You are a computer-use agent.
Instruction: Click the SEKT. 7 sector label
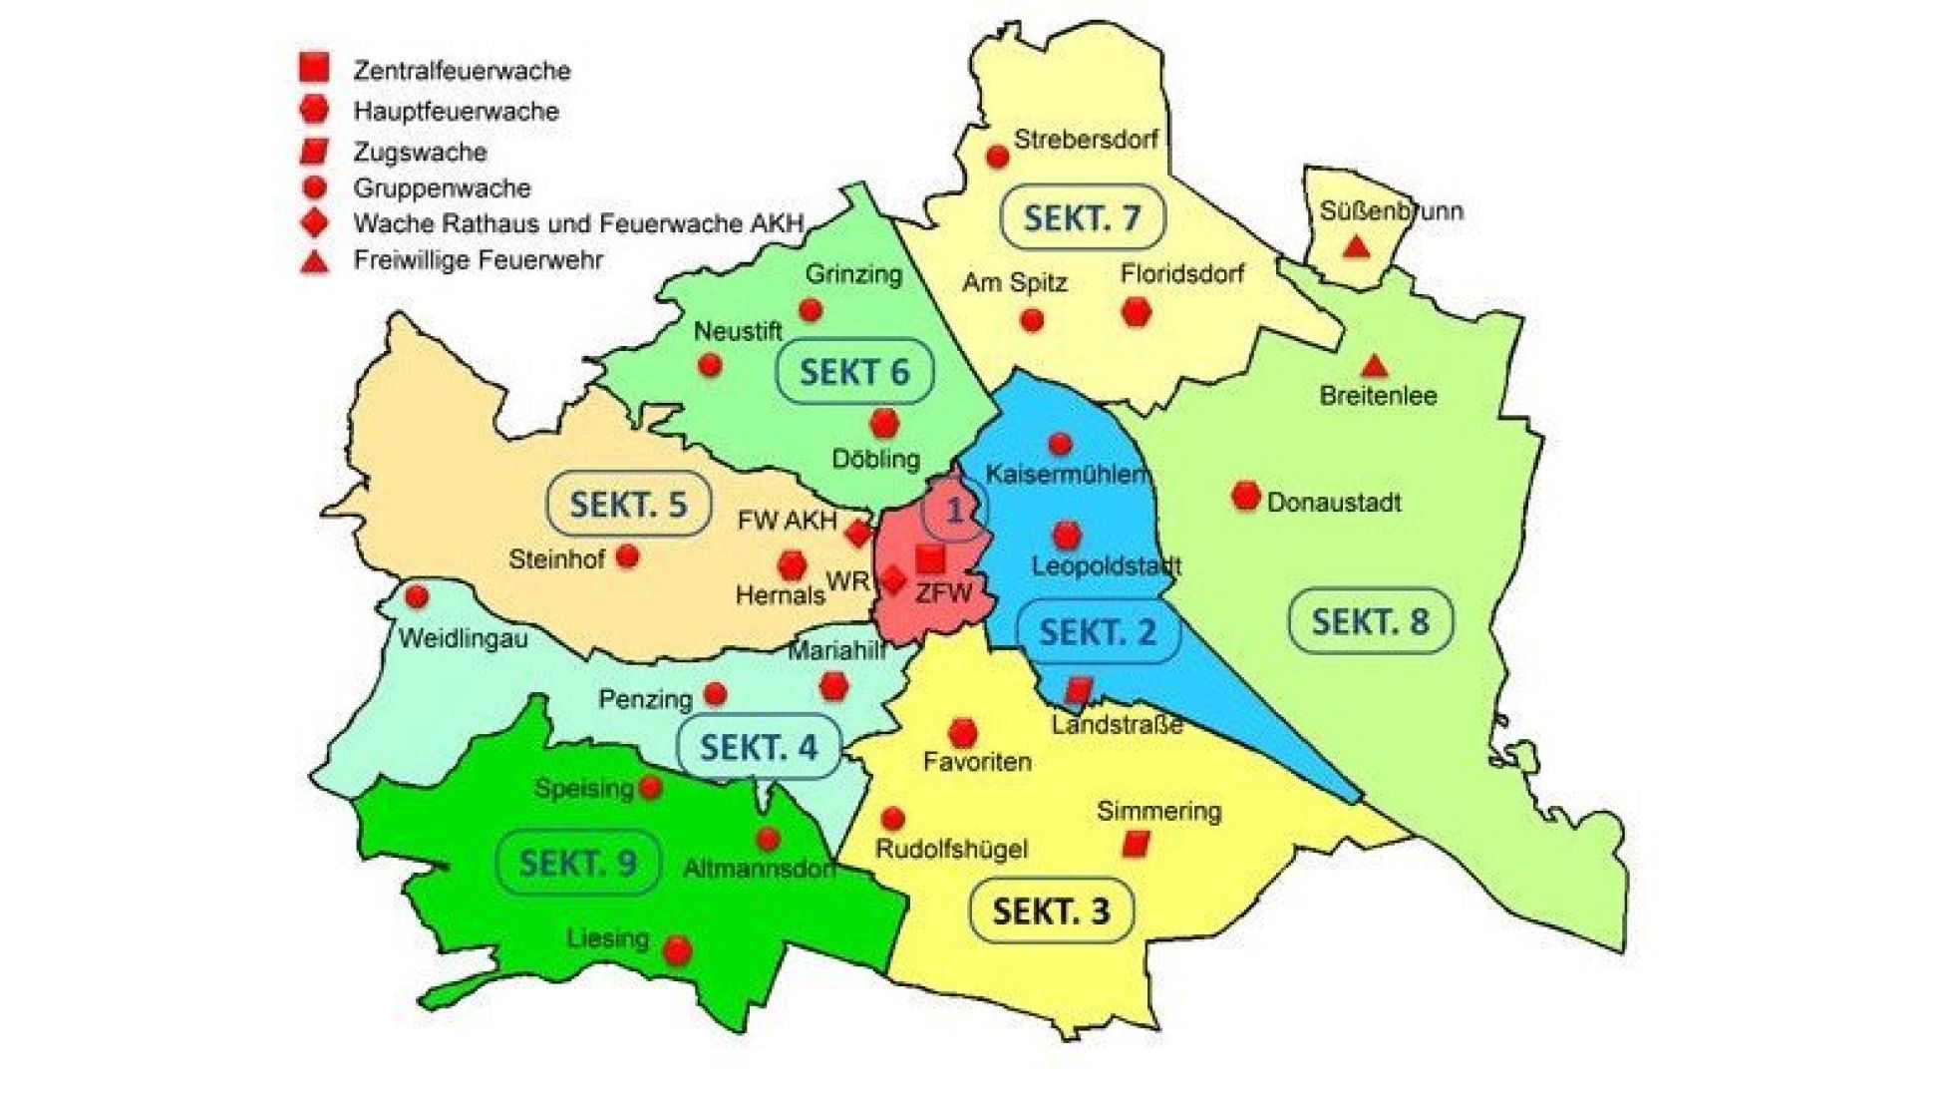click(1082, 217)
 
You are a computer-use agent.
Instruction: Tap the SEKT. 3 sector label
click(1051, 911)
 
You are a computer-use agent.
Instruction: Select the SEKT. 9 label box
click(578, 862)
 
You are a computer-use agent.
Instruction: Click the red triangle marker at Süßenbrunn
click(1354, 246)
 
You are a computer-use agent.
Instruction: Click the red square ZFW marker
click(930, 558)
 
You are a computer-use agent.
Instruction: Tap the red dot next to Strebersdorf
click(997, 157)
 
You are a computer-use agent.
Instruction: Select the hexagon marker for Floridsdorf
click(1136, 312)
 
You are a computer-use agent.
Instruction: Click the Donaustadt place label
click(1334, 502)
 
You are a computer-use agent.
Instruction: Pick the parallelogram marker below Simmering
click(1136, 845)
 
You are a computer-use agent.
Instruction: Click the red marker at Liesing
click(678, 950)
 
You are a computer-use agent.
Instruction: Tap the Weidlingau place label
click(463, 639)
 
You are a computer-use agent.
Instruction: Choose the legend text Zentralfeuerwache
click(462, 71)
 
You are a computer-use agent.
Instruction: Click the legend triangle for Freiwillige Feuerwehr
click(315, 262)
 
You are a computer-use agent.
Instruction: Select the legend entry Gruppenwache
click(442, 188)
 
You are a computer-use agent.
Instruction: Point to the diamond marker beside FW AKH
click(858, 534)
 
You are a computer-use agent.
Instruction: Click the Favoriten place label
click(977, 763)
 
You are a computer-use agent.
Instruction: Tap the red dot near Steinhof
click(627, 555)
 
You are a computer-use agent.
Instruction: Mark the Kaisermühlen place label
click(1067, 475)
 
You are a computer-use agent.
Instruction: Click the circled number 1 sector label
click(954, 511)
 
